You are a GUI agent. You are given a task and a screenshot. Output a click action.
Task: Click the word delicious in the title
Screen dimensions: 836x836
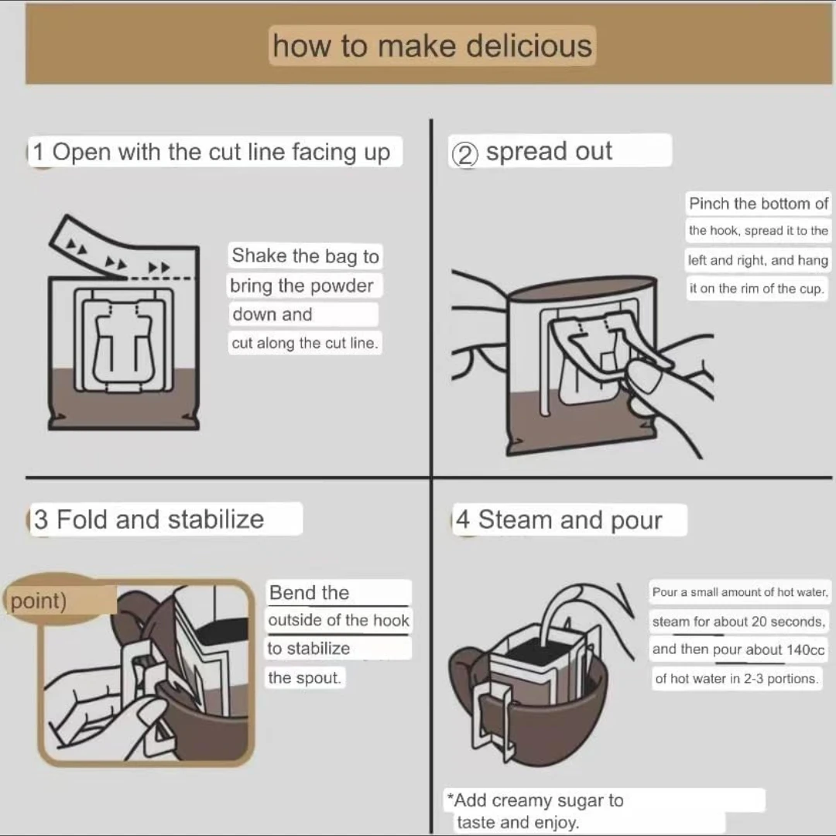coord(529,46)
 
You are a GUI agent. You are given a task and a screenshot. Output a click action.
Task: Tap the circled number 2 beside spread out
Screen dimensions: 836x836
coord(465,155)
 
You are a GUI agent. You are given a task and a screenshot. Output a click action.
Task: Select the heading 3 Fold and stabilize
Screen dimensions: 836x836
coord(149,519)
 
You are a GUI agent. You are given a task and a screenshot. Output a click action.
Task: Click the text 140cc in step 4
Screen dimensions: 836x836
coord(806,650)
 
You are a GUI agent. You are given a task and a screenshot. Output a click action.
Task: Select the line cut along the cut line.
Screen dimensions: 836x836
coord(304,343)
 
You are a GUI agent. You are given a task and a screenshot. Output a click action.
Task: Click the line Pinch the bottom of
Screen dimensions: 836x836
coord(758,203)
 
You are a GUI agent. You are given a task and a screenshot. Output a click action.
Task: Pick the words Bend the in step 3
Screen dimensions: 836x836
coord(309,592)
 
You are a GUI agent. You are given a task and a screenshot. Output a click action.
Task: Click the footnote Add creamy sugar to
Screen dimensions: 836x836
coord(536,800)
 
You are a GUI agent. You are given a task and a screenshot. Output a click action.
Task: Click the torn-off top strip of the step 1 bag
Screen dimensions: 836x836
coord(122,248)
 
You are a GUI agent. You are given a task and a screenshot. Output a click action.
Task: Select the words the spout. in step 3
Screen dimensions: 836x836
coord(304,677)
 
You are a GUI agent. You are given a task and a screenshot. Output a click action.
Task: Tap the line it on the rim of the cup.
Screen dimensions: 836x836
coord(756,289)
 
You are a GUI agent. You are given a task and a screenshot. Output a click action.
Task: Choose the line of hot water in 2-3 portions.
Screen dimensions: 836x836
coord(736,678)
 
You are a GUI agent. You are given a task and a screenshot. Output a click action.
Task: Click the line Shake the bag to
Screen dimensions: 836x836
coord(305,256)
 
